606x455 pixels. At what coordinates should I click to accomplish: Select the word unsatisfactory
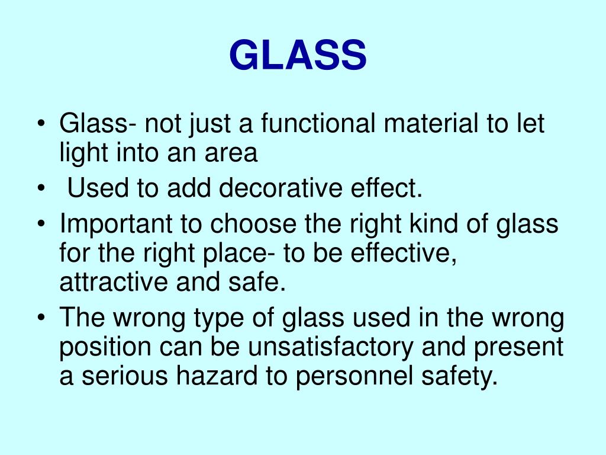point(331,348)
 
